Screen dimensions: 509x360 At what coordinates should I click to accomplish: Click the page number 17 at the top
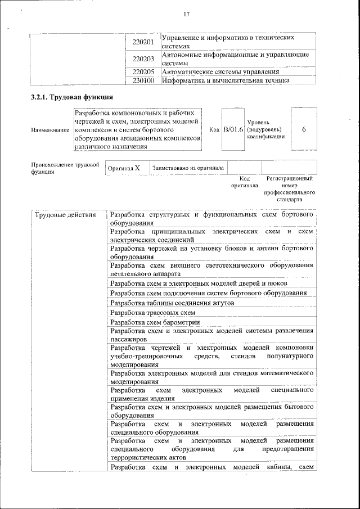(186, 14)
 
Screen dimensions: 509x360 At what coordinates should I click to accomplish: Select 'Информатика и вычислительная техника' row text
(225, 80)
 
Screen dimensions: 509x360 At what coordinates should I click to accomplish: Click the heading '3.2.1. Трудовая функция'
(68, 97)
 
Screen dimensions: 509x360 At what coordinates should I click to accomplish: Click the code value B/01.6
(232, 130)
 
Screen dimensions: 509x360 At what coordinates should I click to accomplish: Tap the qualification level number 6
(304, 130)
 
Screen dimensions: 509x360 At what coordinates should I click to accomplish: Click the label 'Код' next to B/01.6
(214, 130)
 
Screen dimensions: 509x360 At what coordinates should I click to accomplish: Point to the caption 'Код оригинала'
(244, 182)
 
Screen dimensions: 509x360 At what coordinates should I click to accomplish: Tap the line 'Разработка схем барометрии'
(155, 322)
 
